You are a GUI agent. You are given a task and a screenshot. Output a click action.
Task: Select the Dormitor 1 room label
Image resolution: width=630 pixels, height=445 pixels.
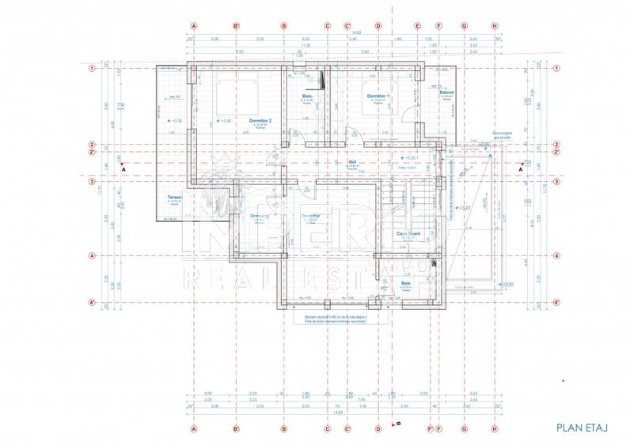point(378,96)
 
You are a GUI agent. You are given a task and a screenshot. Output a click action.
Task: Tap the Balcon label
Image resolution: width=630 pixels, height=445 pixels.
point(447,92)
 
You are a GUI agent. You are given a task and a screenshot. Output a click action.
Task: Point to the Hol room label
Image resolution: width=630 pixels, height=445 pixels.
point(353,161)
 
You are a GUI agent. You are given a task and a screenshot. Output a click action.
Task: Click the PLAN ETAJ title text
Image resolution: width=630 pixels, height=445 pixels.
point(581,428)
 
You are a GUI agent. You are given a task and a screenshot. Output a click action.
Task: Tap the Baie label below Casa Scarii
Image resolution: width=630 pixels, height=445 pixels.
point(406,283)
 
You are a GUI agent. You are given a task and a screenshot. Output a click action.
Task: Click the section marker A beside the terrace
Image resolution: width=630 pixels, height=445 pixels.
point(123,168)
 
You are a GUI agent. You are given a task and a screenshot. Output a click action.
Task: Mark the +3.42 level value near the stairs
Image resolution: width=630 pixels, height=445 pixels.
point(467,208)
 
